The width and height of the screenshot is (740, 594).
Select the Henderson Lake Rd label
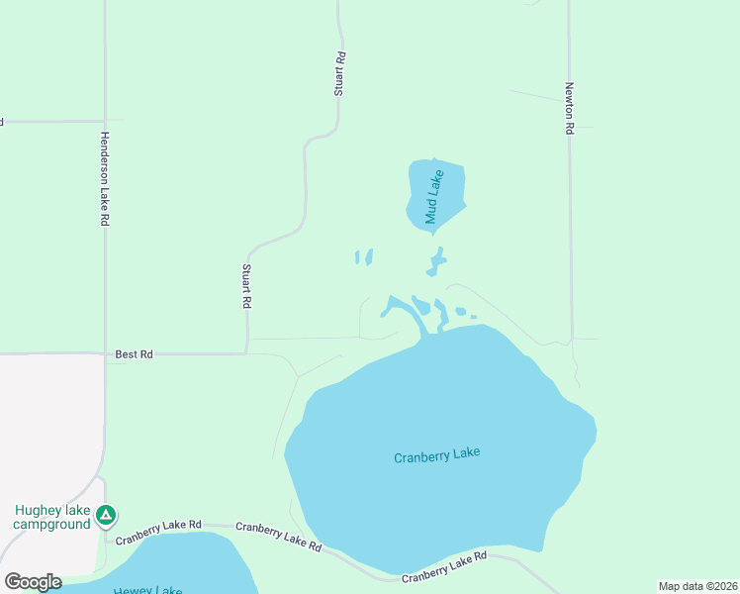click(103, 179)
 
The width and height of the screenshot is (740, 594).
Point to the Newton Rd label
click(570, 108)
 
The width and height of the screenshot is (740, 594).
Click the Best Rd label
click(134, 353)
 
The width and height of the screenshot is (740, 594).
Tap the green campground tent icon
click(106, 515)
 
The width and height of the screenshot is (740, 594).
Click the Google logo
click(33, 581)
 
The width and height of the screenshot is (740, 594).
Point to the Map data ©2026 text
click(697, 586)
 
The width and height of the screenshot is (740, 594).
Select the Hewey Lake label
click(148, 590)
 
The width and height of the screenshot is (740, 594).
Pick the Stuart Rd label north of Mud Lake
click(339, 73)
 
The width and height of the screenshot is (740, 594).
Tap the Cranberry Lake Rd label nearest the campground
click(158, 532)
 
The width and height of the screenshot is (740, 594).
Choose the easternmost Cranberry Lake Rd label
click(443, 567)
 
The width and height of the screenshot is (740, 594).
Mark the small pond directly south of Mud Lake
click(435, 262)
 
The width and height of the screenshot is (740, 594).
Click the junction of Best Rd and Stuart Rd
click(245, 352)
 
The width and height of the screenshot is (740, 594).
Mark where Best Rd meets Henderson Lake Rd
click(104, 353)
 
